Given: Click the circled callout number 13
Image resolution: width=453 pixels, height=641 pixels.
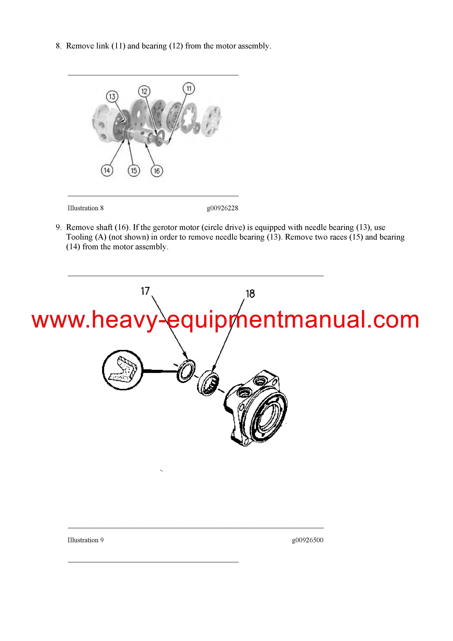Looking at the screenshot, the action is (x=112, y=97).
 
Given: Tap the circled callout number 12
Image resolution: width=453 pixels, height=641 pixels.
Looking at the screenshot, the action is (x=144, y=91).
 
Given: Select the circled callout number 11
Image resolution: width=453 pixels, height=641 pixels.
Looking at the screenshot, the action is (x=189, y=88).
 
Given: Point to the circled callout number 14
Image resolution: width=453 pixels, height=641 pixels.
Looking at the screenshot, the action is (x=107, y=170).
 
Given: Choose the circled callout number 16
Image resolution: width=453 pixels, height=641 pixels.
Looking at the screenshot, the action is (x=157, y=171).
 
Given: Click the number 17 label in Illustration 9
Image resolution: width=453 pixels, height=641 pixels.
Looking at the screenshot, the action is (x=145, y=291).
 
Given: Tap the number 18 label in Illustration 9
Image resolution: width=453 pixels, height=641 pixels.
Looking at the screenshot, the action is (x=250, y=294).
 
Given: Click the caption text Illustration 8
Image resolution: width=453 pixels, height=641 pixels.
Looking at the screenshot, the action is (x=85, y=208).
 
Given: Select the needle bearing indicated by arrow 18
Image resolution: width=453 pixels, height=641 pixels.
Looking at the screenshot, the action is (x=208, y=383).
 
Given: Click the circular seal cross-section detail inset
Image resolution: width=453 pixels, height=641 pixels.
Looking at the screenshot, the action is (x=123, y=370).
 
